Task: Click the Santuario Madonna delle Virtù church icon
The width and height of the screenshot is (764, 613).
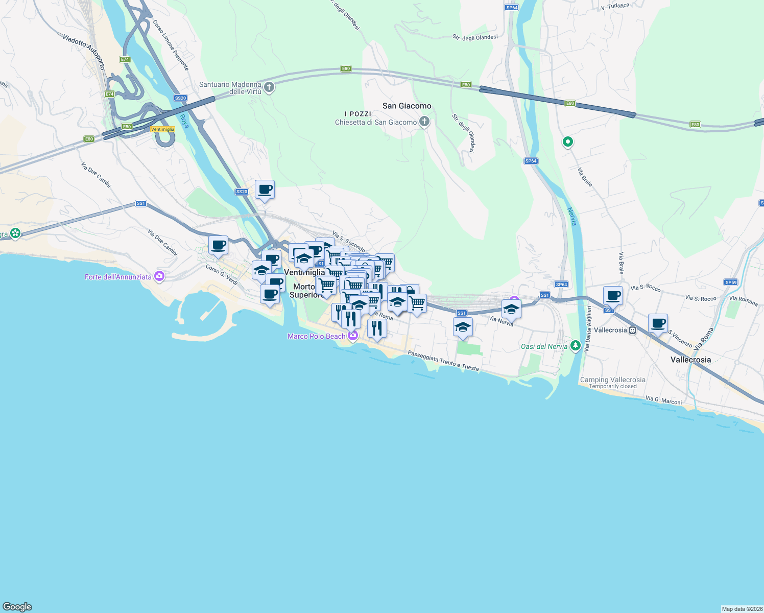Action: coord(270,87)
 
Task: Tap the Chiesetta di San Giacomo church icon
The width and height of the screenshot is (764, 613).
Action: coord(424,122)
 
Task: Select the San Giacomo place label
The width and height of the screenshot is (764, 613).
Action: coord(407,106)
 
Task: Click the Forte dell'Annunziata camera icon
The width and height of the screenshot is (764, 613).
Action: coord(159,276)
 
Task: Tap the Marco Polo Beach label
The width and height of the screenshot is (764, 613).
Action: coord(316,336)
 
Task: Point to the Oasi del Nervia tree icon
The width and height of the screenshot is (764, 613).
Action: coord(576,346)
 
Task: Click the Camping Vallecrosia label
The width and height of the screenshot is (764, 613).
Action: coord(612,380)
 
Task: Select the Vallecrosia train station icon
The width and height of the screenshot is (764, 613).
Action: coord(633,330)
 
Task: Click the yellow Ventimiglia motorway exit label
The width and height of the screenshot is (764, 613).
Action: coord(163,129)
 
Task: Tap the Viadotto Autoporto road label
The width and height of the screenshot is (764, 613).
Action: coord(84,51)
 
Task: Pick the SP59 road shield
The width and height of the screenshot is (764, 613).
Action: coord(731,282)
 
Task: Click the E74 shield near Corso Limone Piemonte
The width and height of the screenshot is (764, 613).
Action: coord(125,60)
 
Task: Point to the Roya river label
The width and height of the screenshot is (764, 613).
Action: coord(184,121)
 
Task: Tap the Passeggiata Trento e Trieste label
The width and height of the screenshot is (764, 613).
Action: coord(443,361)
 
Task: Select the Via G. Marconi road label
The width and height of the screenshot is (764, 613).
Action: coord(663,400)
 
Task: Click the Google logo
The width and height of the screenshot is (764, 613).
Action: coord(17,607)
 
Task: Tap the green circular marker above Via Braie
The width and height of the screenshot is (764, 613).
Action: coord(567,142)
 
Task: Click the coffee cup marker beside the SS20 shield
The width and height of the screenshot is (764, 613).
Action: coord(265,190)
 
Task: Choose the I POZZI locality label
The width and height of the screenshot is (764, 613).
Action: coord(358,114)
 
